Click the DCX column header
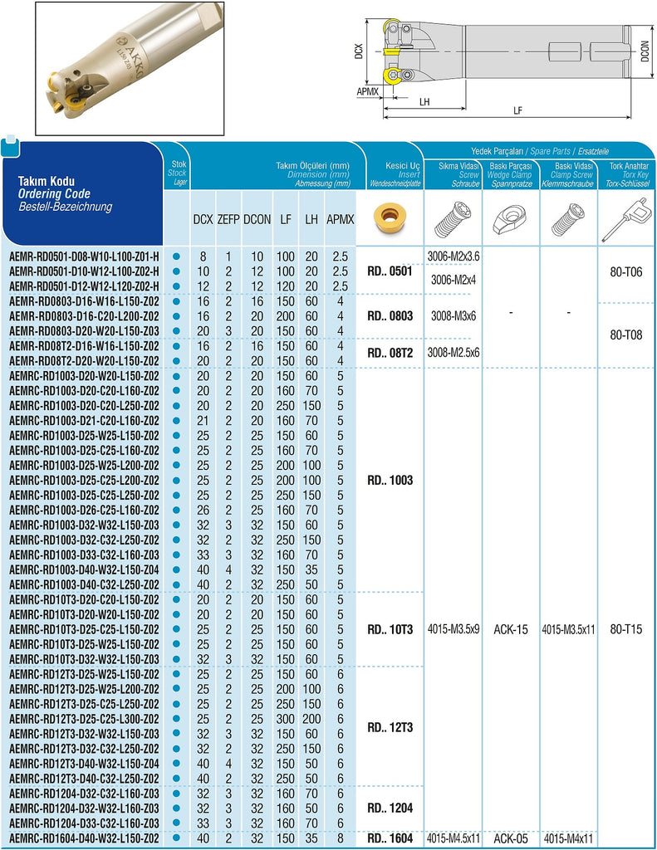tap(202, 219)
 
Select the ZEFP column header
tap(229, 219)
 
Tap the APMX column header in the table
tap(339, 219)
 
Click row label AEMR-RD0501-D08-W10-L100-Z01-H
tap(85, 256)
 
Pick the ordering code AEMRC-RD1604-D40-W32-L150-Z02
tap(85, 838)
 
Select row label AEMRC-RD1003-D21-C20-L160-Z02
tap(85, 421)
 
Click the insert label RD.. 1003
tap(390, 481)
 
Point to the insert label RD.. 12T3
tap(390, 727)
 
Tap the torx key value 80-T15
tap(626, 629)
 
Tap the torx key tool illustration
tap(626, 219)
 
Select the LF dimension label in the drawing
tap(517, 110)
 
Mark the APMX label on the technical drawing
tap(368, 91)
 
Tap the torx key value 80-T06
tap(626, 271)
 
